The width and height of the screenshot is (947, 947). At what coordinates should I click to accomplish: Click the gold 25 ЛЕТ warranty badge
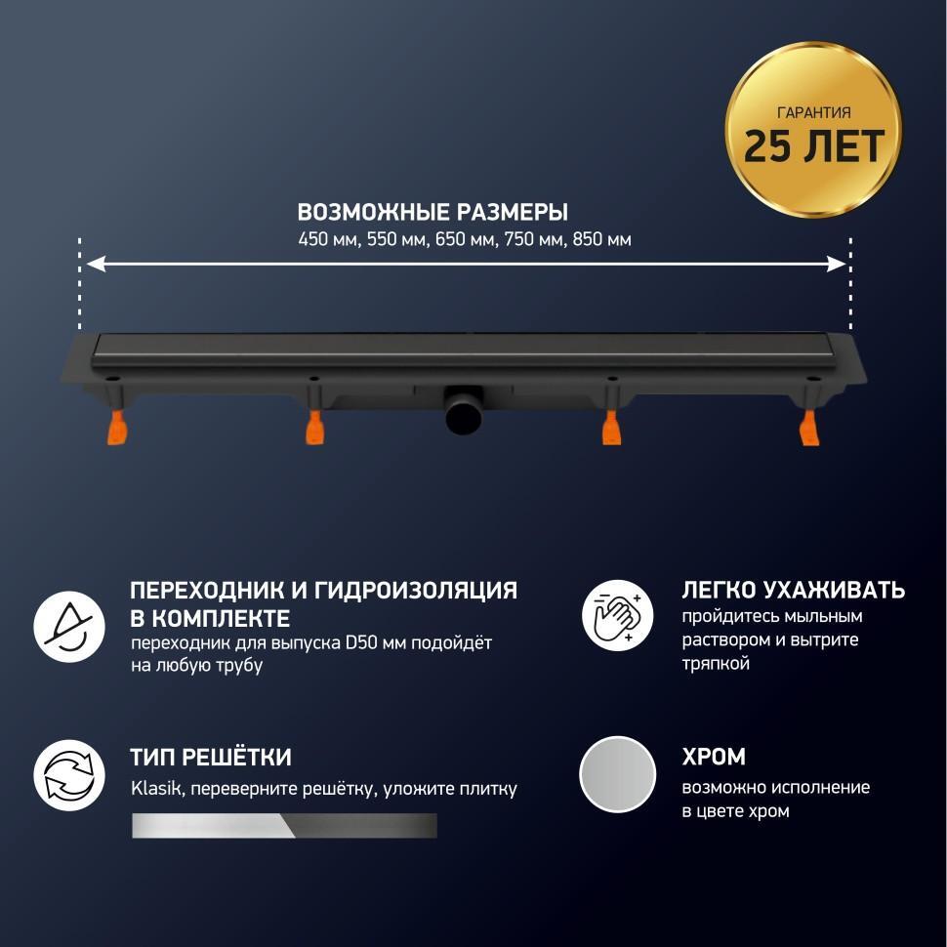tap(813, 130)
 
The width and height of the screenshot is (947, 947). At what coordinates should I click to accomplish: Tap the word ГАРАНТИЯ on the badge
tap(813, 112)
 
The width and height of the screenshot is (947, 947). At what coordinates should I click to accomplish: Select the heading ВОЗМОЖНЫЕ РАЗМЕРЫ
tap(432, 212)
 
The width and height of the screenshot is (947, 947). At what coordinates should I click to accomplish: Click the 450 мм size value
tap(330, 240)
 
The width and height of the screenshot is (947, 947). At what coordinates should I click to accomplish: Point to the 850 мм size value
tap(602, 240)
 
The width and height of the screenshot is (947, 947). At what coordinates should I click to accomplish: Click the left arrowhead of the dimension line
tap(97, 264)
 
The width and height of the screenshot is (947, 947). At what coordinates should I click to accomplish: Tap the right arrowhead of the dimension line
tap(837, 264)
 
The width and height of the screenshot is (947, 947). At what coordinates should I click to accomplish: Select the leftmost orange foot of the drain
tap(118, 427)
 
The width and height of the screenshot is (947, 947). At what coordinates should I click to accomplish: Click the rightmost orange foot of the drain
tap(808, 427)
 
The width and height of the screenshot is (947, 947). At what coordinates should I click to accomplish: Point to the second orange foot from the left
tap(314, 427)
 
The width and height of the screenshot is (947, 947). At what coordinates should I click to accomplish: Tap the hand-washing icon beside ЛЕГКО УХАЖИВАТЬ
tap(617, 615)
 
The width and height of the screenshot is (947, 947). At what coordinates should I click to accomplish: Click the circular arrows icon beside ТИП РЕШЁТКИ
tap(69, 775)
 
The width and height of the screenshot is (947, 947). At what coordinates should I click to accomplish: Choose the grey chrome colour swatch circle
tap(617, 775)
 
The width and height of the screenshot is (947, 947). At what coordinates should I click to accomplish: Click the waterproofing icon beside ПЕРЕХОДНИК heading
tap(69, 627)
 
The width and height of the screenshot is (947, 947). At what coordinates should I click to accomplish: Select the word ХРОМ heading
tap(714, 757)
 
